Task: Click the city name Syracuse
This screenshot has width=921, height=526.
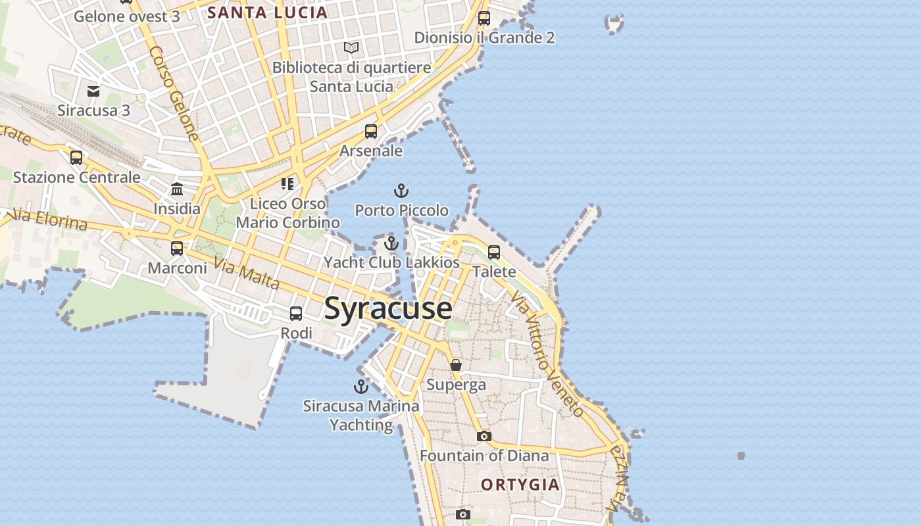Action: coord(388,308)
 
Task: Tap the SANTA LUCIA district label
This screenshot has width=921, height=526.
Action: coord(267,12)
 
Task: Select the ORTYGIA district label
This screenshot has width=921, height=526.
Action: coord(520,485)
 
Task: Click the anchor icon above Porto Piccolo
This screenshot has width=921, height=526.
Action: coord(401,191)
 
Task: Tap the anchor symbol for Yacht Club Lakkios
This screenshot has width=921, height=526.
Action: coord(391,243)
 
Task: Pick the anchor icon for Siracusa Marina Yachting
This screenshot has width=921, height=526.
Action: coord(361,387)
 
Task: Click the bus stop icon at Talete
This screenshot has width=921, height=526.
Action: coord(494,252)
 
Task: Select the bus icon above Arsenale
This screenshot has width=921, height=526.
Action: coord(371,131)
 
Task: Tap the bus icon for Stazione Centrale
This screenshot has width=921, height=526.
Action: coord(76,158)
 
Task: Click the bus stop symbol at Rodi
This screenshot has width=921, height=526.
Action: coord(296,314)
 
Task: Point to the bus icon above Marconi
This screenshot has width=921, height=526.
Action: coord(177,249)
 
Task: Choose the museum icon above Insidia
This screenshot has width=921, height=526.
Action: coord(177,189)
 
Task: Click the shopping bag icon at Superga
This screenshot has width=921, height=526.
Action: coord(456,365)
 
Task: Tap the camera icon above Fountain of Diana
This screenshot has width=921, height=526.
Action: coord(484,436)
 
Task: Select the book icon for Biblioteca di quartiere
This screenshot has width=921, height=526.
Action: coord(351,47)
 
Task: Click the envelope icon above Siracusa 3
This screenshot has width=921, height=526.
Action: coord(93,91)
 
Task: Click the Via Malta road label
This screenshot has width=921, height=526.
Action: coord(247,273)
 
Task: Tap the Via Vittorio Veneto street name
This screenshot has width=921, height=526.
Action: coord(547,355)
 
